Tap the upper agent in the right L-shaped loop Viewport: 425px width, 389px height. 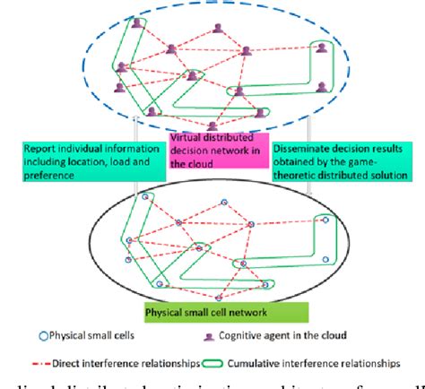pyautogui.click(x=316, y=48)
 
